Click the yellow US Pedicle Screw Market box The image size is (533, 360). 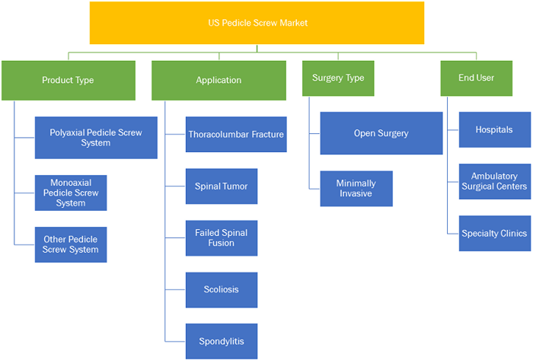(x=257, y=23)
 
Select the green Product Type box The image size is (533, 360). (x=69, y=81)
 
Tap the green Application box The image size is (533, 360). (x=219, y=81)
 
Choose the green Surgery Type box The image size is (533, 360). (x=338, y=78)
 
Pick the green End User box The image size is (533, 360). (x=476, y=78)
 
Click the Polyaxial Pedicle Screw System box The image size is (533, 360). (x=96, y=138)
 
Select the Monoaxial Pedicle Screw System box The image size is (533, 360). (x=71, y=193)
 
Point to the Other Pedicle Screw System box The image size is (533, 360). (x=71, y=244)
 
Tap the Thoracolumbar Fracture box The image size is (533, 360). (x=236, y=135)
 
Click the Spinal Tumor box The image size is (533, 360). (x=222, y=186)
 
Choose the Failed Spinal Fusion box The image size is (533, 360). (x=222, y=238)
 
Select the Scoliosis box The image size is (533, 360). (x=222, y=290)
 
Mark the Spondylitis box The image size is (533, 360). (x=222, y=341)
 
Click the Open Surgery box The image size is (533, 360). (x=381, y=133)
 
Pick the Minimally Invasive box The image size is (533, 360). (x=356, y=189)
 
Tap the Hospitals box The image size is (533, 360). (x=495, y=129)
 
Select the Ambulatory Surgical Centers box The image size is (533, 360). (x=495, y=181)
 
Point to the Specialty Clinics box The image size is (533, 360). (x=495, y=234)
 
